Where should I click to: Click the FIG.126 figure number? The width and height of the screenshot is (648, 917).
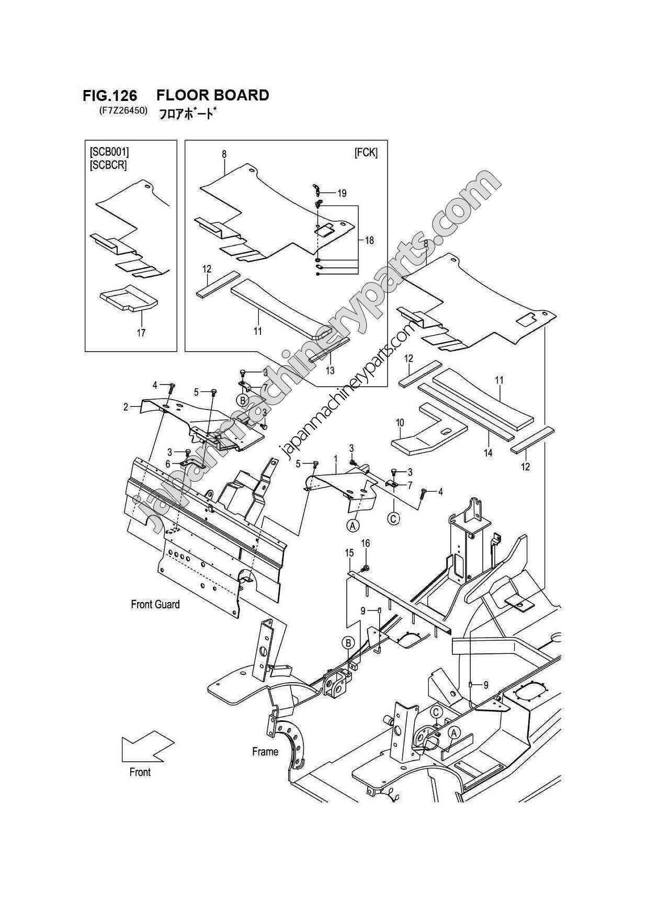click(110, 96)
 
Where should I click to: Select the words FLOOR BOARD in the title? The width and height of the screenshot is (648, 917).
click(212, 95)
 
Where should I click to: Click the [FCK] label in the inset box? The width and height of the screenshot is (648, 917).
click(366, 152)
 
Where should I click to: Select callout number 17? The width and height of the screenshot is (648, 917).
click(141, 333)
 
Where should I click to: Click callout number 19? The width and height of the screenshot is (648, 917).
click(342, 194)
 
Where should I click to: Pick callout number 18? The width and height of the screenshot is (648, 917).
click(369, 241)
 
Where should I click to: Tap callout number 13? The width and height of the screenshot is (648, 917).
click(330, 371)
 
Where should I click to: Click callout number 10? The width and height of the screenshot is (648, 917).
click(400, 422)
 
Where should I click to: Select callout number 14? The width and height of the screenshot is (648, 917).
click(488, 453)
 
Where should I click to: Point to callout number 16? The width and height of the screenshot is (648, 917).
click(366, 544)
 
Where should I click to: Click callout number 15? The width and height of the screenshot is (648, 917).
click(349, 553)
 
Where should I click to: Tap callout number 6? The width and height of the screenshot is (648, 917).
click(168, 464)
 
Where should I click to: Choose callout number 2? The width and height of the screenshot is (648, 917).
click(126, 407)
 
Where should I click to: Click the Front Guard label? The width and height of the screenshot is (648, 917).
click(155, 604)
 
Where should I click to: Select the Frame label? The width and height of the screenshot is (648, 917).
click(265, 752)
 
